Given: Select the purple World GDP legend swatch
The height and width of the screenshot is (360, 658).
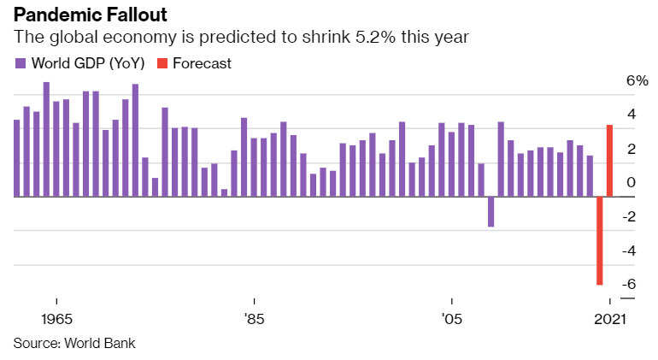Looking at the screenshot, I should click(21, 63).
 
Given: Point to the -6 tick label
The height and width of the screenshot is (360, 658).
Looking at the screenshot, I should click(628, 285).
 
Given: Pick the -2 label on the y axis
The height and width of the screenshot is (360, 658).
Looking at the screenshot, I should click(628, 217).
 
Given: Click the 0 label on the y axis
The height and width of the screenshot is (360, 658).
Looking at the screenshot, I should click(631, 183).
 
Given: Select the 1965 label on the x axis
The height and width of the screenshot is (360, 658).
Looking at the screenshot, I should click(56, 319).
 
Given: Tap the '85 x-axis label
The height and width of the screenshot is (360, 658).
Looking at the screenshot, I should click(253, 319).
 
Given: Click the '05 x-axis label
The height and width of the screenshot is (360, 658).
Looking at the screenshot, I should click(450, 319).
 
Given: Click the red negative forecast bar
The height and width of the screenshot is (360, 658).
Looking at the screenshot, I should click(600, 240).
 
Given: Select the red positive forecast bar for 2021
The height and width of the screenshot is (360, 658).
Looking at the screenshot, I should click(609, 161).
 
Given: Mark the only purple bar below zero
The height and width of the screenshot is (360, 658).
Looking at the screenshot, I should click(491, 211).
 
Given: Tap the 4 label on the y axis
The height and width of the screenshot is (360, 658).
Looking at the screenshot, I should click(631, 115).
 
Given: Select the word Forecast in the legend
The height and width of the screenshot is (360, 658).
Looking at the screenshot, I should click(202, 63).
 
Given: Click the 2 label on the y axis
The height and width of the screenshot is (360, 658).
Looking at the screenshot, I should click(631, 149).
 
